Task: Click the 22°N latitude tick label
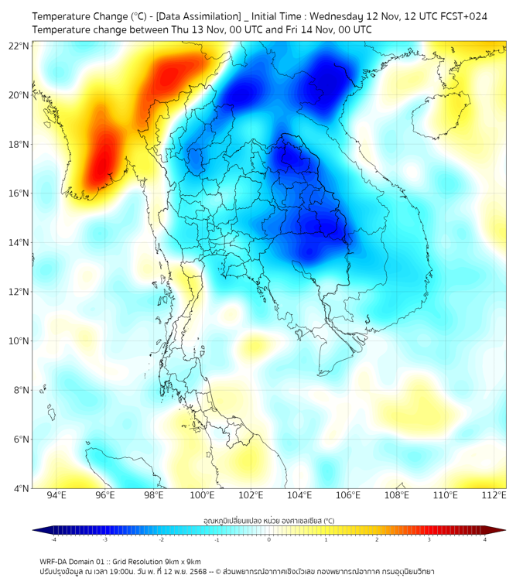tap(19, 46)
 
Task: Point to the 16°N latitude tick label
tap(19, 193)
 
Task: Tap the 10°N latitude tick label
tap(19, 341)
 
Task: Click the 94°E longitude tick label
tap(56, 495)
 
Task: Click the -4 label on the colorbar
tap(53, 539)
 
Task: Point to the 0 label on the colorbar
tap(269, 539)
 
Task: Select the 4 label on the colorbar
tap(485, 539)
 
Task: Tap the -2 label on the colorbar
tap(161, 539)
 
